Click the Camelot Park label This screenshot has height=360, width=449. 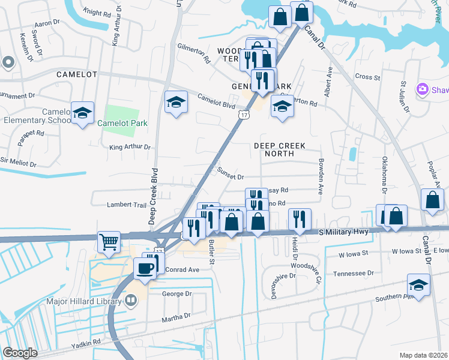[x=123, y=123]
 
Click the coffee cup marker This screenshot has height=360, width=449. [x=145, y=268]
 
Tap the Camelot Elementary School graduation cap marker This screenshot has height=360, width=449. [x=82, y=112]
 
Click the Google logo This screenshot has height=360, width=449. [x=20, y=352]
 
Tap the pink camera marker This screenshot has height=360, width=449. [x=424, y=89]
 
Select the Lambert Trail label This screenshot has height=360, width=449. [x=127, y=205]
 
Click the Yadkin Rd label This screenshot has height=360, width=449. [x=87, y=342]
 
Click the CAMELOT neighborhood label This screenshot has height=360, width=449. [x=76, y=74]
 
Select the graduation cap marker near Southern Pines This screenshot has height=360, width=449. [x=418, y=284]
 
